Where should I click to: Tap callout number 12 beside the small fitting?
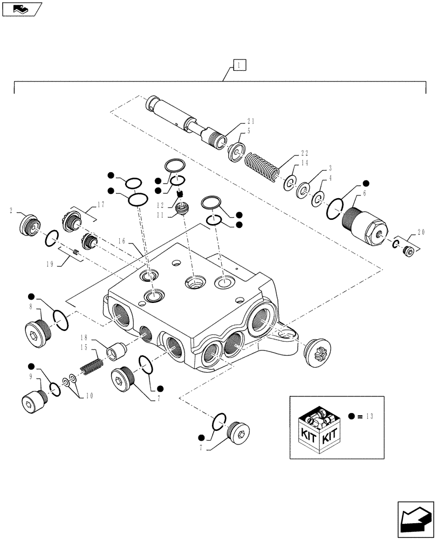coord(161,205)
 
